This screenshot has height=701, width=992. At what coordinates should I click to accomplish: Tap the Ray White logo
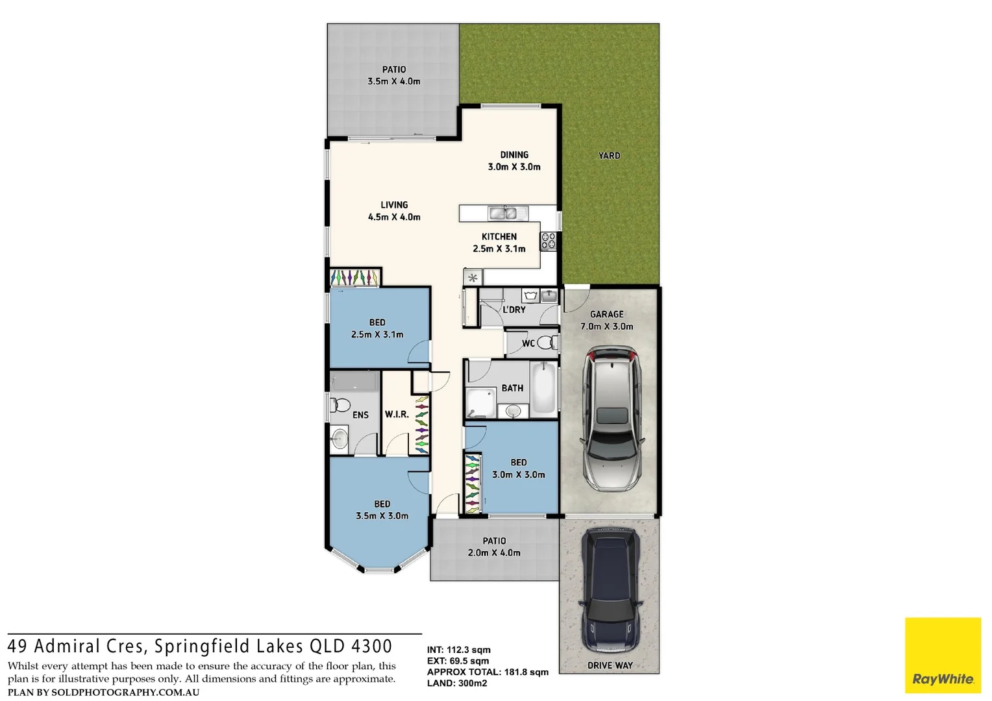coord(943,656)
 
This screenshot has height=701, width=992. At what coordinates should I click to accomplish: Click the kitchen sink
coord(503,212)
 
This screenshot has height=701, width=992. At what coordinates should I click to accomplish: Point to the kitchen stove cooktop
coord(549,241)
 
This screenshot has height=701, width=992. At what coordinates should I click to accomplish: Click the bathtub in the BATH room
coord(544,389)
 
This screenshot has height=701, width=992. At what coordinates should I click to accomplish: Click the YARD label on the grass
coord(609,156)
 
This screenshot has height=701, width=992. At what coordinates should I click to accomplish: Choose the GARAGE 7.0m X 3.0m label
coord(607,320)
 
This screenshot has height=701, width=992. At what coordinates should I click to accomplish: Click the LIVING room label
coord(394,205)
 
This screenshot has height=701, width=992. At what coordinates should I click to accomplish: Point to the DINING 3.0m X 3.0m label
coord(514,161)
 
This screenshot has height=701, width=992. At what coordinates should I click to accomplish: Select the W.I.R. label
coord(397,414)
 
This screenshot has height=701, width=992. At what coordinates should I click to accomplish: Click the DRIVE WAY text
coord(610,665)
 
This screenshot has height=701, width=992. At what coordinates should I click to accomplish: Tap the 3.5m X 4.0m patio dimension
coord(394,82)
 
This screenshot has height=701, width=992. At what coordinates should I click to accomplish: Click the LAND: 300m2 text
coord(457,683)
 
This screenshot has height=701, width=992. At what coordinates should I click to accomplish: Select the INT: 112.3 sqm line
coord(459,650)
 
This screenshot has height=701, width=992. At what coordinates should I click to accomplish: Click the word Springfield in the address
coord(202,646)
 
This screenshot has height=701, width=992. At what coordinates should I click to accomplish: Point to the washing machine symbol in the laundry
coord(532,296)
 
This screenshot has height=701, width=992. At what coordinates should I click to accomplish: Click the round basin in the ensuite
coord(340,437)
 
